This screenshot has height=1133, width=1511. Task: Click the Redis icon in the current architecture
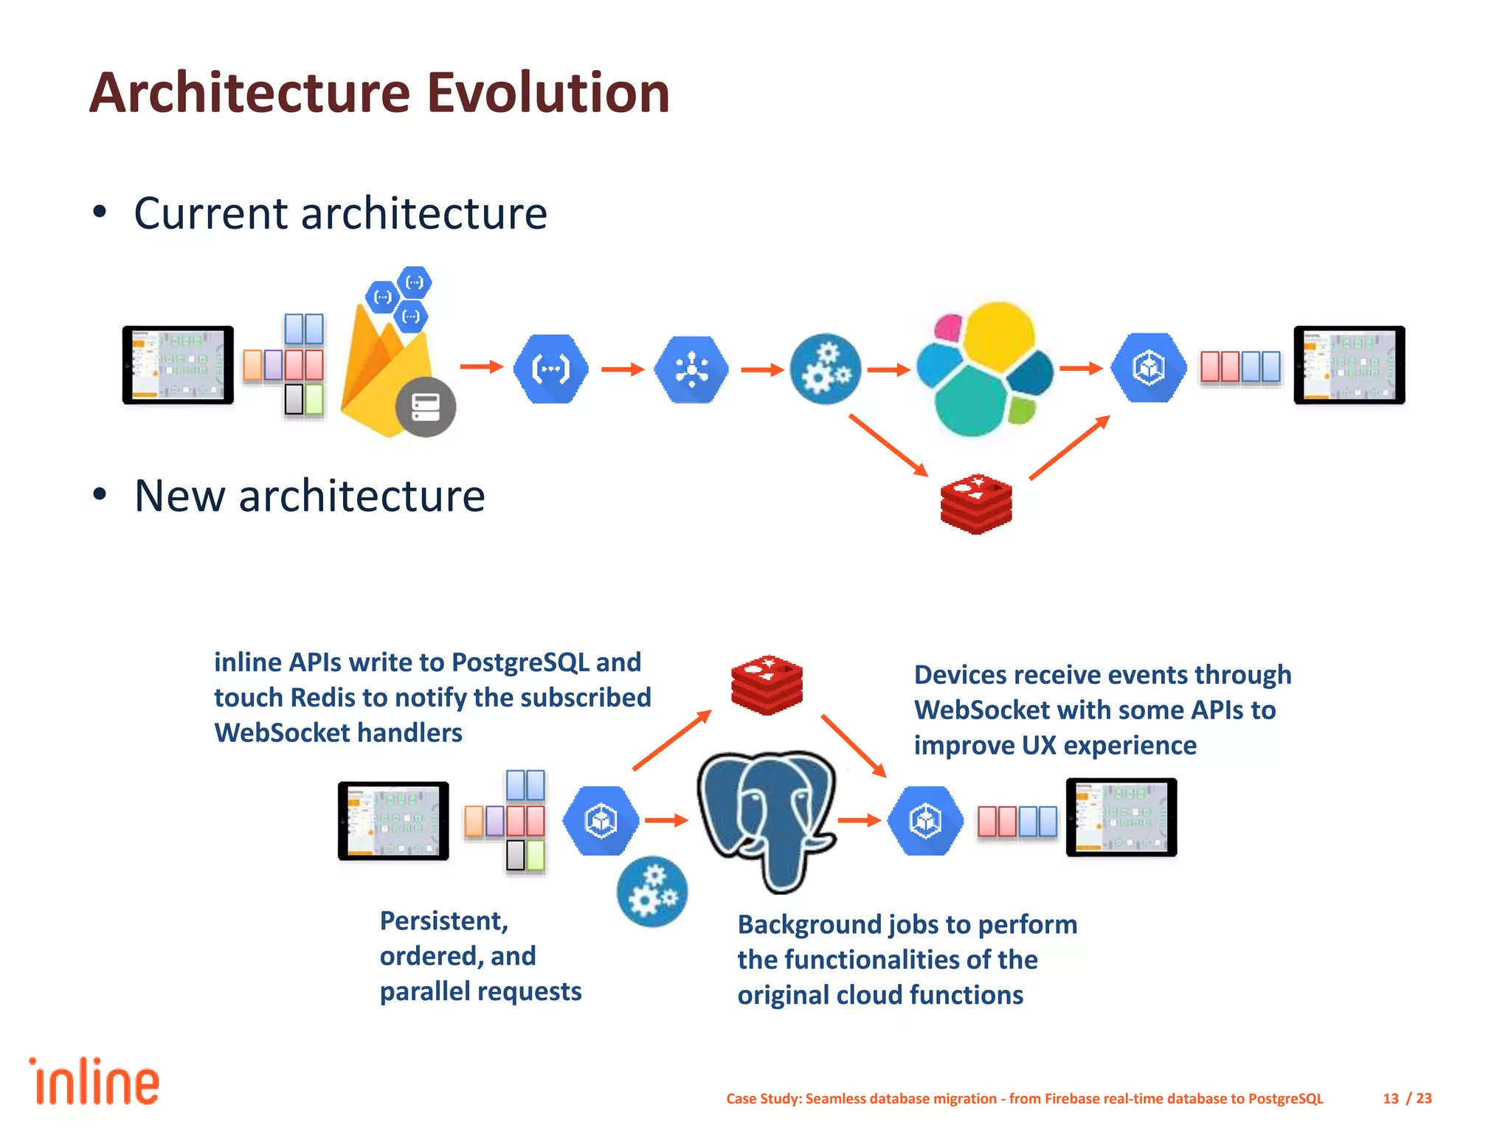(976, 504)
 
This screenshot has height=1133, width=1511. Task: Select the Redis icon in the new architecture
(767, 684)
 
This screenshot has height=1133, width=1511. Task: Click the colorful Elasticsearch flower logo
(985, 369)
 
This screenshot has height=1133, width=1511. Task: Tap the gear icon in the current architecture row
(825, 369)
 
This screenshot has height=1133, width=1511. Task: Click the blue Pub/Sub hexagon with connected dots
(691, 369)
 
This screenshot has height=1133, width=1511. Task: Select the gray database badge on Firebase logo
(426, 406)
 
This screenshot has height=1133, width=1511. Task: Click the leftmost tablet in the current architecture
(178, 364)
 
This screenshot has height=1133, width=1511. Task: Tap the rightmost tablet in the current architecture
(1349, 364)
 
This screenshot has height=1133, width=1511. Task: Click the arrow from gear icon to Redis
(888, 445)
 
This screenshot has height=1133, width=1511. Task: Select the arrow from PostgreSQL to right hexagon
(860, 820)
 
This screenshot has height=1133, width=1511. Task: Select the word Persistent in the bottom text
(443, 921)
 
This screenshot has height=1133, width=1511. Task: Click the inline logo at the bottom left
(94, 1082)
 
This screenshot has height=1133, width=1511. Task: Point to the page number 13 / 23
(1406, 1098)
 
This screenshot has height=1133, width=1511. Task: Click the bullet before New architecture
(100, 494)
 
